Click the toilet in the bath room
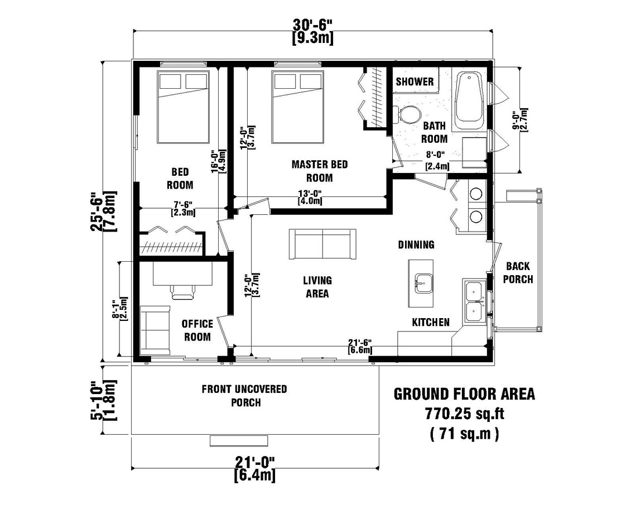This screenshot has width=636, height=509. (410, 114)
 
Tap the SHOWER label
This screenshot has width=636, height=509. (415, 81)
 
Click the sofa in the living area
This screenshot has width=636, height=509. (322, 244)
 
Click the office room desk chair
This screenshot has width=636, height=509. (182, 291)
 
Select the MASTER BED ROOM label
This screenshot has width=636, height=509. (320, 171)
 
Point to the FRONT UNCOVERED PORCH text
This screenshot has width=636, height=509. (244, 395)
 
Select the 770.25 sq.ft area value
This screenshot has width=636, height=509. (464, 414)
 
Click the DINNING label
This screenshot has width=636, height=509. (416, 244)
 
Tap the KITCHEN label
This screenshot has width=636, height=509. (430, 322)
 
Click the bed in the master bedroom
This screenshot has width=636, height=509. (298, 106)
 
